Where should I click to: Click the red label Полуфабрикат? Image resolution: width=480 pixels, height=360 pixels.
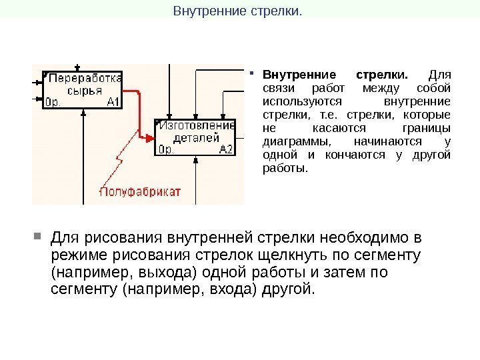[x=140, y=192]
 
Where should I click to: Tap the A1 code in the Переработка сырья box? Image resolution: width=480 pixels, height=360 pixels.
[x=113, y=102]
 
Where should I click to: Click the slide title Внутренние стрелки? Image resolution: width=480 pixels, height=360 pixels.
[x=237, y=11]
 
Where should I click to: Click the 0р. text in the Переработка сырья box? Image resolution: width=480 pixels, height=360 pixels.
[x=53, y=102]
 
